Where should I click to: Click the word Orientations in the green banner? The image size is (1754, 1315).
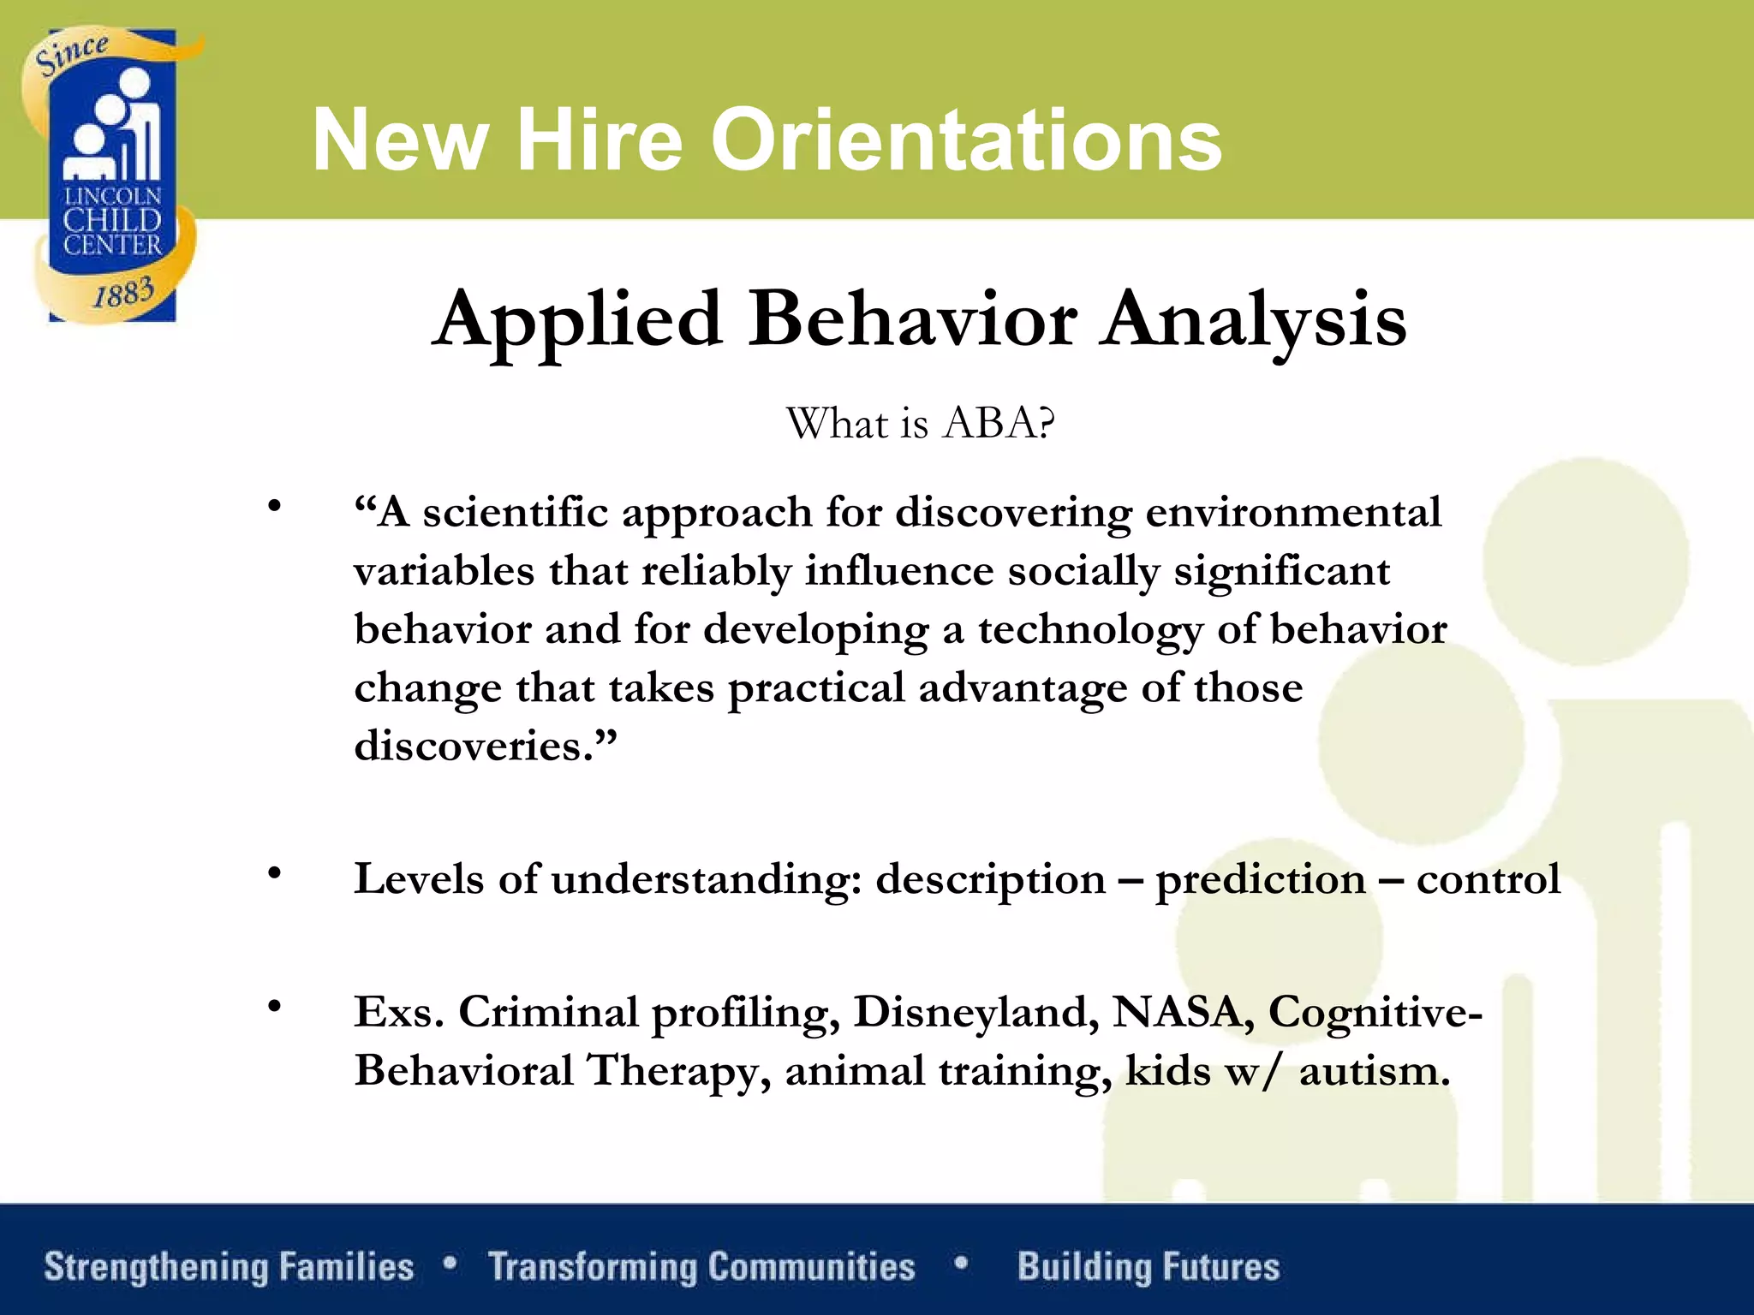(965, 140)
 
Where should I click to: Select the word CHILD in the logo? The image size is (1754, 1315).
(112, 221)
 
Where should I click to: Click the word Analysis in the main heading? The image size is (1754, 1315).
(1254, 319)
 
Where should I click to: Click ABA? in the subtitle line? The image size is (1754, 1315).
(998, 423)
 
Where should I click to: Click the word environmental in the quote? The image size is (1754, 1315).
(1293, 514)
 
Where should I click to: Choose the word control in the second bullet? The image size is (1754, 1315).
(1488, 880)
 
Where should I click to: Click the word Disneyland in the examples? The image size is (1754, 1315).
(975, 1014)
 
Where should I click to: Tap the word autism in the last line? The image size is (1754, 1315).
(1373, 1071)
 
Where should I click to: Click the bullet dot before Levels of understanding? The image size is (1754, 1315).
(274, 873)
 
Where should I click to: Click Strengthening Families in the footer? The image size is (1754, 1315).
(229, 1267)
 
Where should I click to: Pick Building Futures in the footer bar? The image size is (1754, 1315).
(1148, 1267)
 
